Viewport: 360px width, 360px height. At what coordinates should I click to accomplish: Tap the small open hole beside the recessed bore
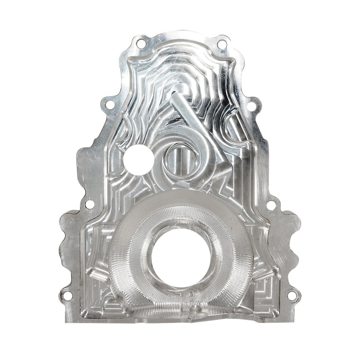(138, 160)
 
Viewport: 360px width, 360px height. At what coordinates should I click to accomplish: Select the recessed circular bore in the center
(181, 159)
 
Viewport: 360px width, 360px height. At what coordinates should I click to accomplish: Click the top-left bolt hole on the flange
(141, 44)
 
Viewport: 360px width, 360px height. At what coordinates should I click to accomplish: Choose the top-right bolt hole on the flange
(222, 44)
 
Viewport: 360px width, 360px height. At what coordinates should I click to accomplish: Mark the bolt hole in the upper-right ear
(251, 106)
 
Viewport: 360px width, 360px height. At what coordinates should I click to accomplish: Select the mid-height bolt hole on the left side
(89, 204)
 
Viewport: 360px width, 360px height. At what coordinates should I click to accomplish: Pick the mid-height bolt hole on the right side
(271, 205)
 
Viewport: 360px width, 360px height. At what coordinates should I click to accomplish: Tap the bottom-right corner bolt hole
(292, 295)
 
